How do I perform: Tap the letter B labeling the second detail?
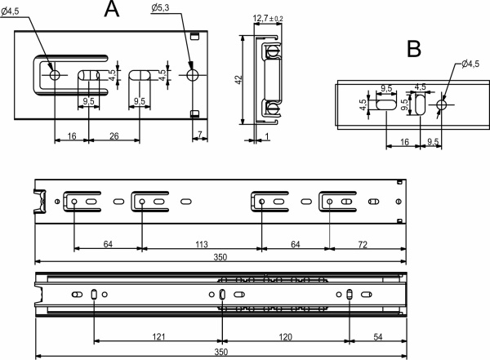point(414,48)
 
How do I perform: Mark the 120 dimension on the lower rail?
point(285,336)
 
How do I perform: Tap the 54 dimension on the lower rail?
point(377,336)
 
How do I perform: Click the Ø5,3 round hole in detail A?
point(193,75)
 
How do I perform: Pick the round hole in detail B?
point(442,104)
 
